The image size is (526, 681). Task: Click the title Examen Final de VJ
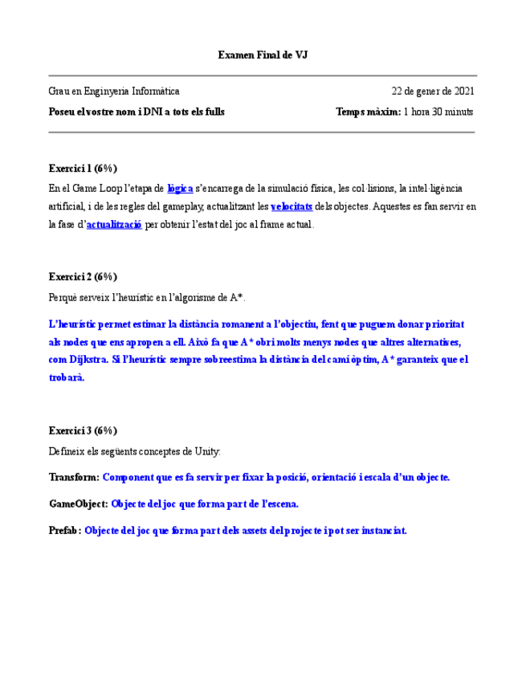point(263,55)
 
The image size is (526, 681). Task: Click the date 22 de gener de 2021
point(432,92)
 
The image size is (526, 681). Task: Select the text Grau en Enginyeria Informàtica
point(114,92)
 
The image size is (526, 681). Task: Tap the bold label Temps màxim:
point(368,112)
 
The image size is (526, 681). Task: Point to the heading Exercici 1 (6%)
point(83,169)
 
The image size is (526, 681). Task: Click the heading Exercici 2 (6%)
point(83,277)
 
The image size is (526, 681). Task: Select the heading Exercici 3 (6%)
point(83,430)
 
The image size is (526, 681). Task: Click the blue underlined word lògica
point(180,189)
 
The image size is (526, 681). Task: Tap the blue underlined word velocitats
point(292,207)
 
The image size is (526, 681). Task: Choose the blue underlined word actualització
point(114,226)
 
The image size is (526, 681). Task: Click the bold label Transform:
point(74,477)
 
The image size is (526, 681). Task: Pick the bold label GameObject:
point(78,504)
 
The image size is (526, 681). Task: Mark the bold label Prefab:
point(65,531)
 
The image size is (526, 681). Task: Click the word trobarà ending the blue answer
point(66,377)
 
